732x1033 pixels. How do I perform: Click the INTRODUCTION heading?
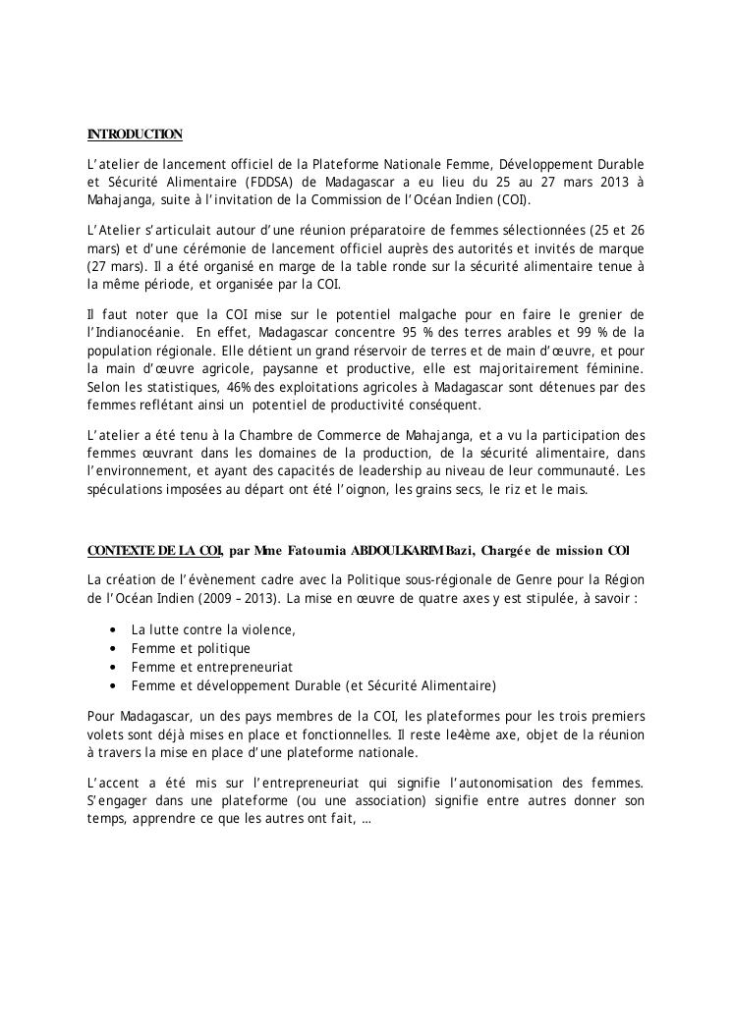135,134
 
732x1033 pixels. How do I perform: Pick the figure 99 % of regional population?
591,332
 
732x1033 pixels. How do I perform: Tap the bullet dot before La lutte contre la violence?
117,630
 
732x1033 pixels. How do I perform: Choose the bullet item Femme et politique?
191,649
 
